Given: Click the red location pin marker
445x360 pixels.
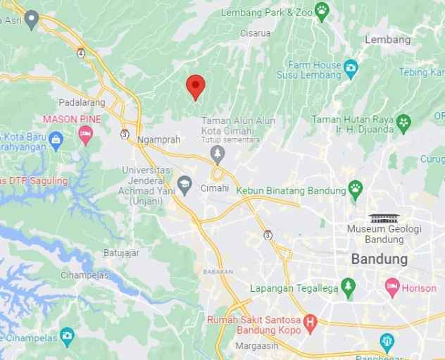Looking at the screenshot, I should point(195,87).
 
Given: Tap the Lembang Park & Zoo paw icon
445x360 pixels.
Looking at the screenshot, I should point(322,11).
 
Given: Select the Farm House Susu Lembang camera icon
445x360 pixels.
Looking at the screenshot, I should point(351,68).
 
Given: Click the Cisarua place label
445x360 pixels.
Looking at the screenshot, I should point(255,31).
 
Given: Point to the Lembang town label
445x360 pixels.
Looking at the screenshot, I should point(388,40).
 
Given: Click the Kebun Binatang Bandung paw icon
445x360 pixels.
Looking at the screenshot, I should point(356,190).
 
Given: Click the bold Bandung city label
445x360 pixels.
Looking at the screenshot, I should point(379,259).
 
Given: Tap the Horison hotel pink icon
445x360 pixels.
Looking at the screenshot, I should point(391,287).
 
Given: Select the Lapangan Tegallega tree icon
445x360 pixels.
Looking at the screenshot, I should point(346,287).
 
